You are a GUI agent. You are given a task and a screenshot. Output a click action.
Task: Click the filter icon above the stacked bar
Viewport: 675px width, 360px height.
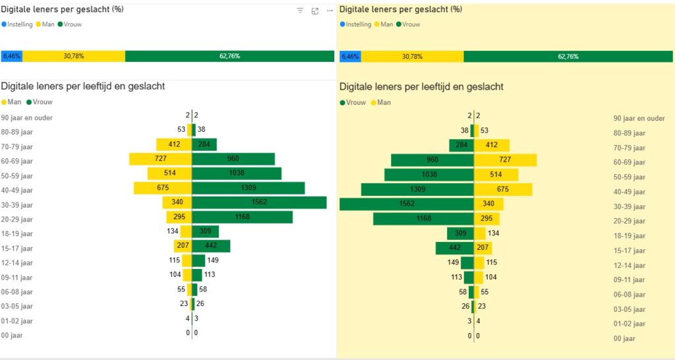(x=300, y=11)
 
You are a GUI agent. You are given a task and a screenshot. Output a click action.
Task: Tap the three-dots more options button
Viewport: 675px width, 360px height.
(x=330, y=11)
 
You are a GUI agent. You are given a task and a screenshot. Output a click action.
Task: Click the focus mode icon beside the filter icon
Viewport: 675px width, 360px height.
(x=315, y=11)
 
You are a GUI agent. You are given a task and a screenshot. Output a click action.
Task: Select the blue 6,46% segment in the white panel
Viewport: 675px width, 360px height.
(x=12, y=56)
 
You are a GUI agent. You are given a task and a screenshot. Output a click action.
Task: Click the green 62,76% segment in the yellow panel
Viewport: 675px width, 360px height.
(x=568, y=57)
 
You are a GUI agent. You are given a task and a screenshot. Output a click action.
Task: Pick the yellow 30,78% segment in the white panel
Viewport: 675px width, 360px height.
(x=74, y=56)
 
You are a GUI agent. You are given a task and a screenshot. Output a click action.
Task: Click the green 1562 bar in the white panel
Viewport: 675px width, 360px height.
(x=259, y=202)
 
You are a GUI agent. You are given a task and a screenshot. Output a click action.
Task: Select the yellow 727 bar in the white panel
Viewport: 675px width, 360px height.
(x=160, y=159)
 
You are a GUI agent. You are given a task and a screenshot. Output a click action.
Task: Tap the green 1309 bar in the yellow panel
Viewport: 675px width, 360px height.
(x=417, y=189)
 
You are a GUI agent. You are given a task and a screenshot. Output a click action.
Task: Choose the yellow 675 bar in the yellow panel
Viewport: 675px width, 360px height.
(x=503, y=189)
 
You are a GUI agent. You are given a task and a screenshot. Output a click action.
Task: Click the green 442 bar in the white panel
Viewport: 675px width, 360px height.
(x=211, y=246)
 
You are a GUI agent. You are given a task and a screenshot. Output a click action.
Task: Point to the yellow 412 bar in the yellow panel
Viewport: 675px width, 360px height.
(x=492, y=145)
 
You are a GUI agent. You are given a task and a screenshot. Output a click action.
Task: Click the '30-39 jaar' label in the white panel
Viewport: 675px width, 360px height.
(x=17, y=204)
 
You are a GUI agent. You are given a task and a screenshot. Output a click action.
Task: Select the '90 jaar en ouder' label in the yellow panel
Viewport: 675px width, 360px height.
(x=639, y=119)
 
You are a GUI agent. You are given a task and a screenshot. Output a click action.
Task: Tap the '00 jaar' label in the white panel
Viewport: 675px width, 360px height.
(x=13, y=335)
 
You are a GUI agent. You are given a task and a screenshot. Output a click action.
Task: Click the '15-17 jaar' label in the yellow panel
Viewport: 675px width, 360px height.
(x=629, y=251)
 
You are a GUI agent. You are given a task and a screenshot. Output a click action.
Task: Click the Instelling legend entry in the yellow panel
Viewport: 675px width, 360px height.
(x=356, y=24)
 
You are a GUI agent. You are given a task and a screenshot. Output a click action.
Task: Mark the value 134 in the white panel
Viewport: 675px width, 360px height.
(x=173, y=231)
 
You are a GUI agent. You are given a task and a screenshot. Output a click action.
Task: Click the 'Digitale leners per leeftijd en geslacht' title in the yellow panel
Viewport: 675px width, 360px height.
(x=421, y=86)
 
